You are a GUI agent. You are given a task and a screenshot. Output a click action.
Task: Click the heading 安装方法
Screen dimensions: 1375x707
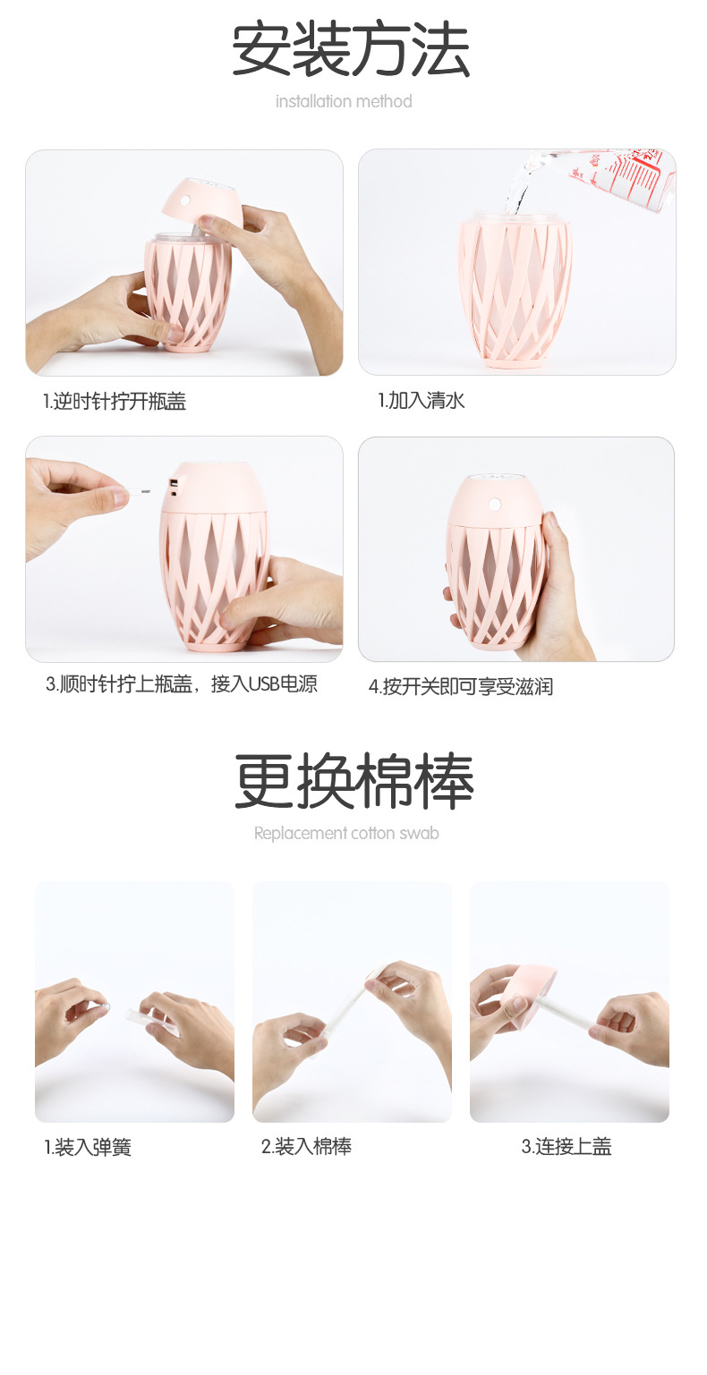[351, 50]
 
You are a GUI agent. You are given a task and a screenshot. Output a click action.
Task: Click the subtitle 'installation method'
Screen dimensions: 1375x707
[344, 101]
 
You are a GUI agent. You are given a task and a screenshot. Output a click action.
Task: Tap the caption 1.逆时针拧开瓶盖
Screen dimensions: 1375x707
[115, 402]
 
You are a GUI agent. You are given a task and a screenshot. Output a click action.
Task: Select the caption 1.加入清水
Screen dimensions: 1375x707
[421, 400]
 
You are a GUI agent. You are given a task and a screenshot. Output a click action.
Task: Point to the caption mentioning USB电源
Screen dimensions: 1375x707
[182, 685]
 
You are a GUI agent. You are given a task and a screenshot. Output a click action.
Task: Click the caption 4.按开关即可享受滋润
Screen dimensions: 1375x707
[461, 687]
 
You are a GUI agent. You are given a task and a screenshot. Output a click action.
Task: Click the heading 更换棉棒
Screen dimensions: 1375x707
[353, 781]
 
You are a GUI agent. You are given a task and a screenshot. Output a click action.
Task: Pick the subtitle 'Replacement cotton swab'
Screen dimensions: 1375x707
[346, 834]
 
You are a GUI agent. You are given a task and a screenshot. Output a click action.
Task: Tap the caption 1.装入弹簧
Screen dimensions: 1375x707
[88, 1148]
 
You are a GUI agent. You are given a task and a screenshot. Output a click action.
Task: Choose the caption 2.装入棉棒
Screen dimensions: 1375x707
[306, 1147]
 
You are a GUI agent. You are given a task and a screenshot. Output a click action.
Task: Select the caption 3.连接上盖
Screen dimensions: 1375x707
[566, 1147]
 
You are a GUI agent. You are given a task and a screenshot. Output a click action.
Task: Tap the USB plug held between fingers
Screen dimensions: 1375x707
[135, 491]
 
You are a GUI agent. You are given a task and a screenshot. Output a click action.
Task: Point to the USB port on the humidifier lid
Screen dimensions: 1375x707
[173, 487]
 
